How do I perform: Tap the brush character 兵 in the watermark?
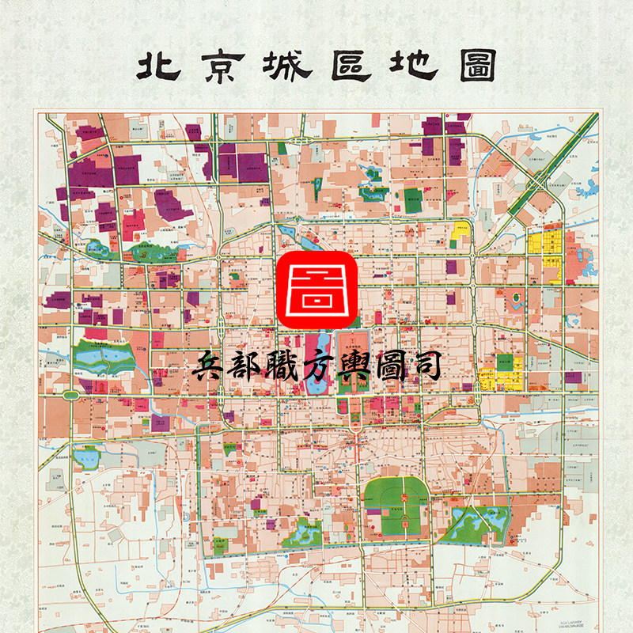(210, 370)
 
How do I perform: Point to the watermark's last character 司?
(423, 370)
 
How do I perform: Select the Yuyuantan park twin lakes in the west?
(107, 360)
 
